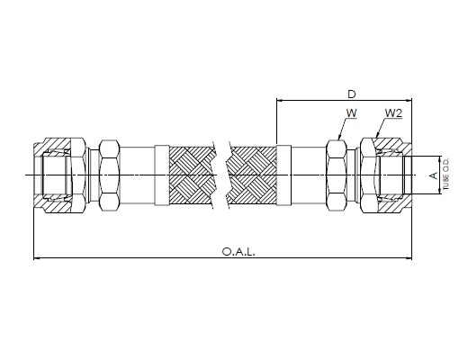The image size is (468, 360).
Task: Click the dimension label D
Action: coord(351,94)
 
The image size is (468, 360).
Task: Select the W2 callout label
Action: coord(393,113)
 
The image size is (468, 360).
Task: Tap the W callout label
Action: coord(352,113)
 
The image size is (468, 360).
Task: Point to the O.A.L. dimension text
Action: coord(238,251)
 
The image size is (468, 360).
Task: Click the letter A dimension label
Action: coord(434,175)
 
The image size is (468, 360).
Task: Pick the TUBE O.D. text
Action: coord(446,175)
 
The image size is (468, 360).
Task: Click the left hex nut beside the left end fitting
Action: coord(110,175)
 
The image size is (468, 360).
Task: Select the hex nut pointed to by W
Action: coord(337,175)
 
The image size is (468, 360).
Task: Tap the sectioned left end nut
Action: coord(59,175)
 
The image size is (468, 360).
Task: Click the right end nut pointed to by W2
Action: coord(386,175)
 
